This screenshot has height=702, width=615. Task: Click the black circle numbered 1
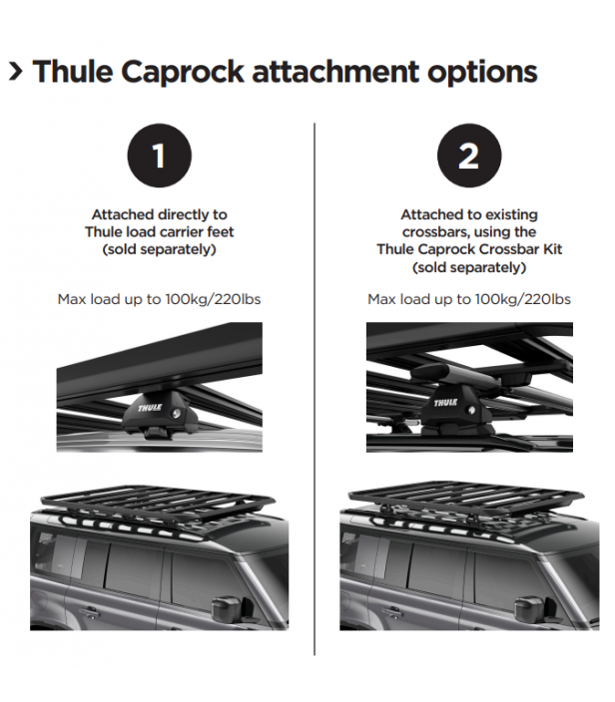159,156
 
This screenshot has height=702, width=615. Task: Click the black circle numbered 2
469,156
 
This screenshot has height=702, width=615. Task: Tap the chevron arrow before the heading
16,72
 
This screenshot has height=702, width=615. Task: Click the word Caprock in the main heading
183,73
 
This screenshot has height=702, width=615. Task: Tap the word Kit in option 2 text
553,249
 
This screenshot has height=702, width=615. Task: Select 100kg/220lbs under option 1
213,299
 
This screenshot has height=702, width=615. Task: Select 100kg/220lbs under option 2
523,299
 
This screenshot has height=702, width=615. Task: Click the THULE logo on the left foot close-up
150,408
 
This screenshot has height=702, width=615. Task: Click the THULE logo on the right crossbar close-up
445,403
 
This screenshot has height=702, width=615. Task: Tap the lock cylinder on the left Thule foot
178,413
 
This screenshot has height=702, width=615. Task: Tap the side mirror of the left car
227,607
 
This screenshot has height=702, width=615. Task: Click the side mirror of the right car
530,608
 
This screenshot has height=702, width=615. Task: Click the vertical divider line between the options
314,389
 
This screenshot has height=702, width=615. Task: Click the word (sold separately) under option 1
159,249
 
